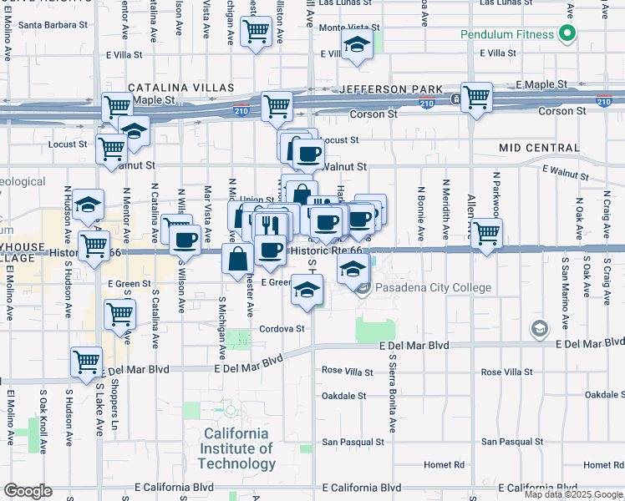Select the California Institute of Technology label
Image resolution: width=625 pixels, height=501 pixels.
pos(239,448)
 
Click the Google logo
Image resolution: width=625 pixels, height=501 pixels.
pos(28,491)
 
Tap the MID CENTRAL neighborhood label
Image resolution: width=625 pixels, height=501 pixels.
pos(539,147)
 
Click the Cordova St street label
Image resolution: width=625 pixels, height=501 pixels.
pos(282,329)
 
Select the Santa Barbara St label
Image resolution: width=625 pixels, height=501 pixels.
pos(53,25)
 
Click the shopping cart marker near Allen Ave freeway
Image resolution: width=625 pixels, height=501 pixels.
pos(476,97)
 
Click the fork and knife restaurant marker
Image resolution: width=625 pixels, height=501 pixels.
pos(268,225)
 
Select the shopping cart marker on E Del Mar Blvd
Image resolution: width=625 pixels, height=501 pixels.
pos(87,362)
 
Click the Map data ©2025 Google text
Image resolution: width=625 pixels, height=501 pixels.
pos(573,494)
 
